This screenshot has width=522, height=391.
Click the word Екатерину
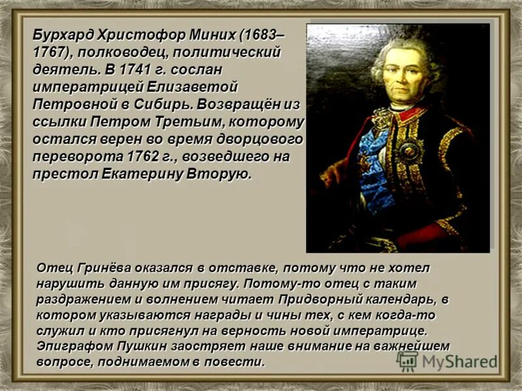pyautogui.click(x=142, y=175)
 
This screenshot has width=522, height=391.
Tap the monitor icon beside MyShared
pyautogui.click(x=408, y=361)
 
